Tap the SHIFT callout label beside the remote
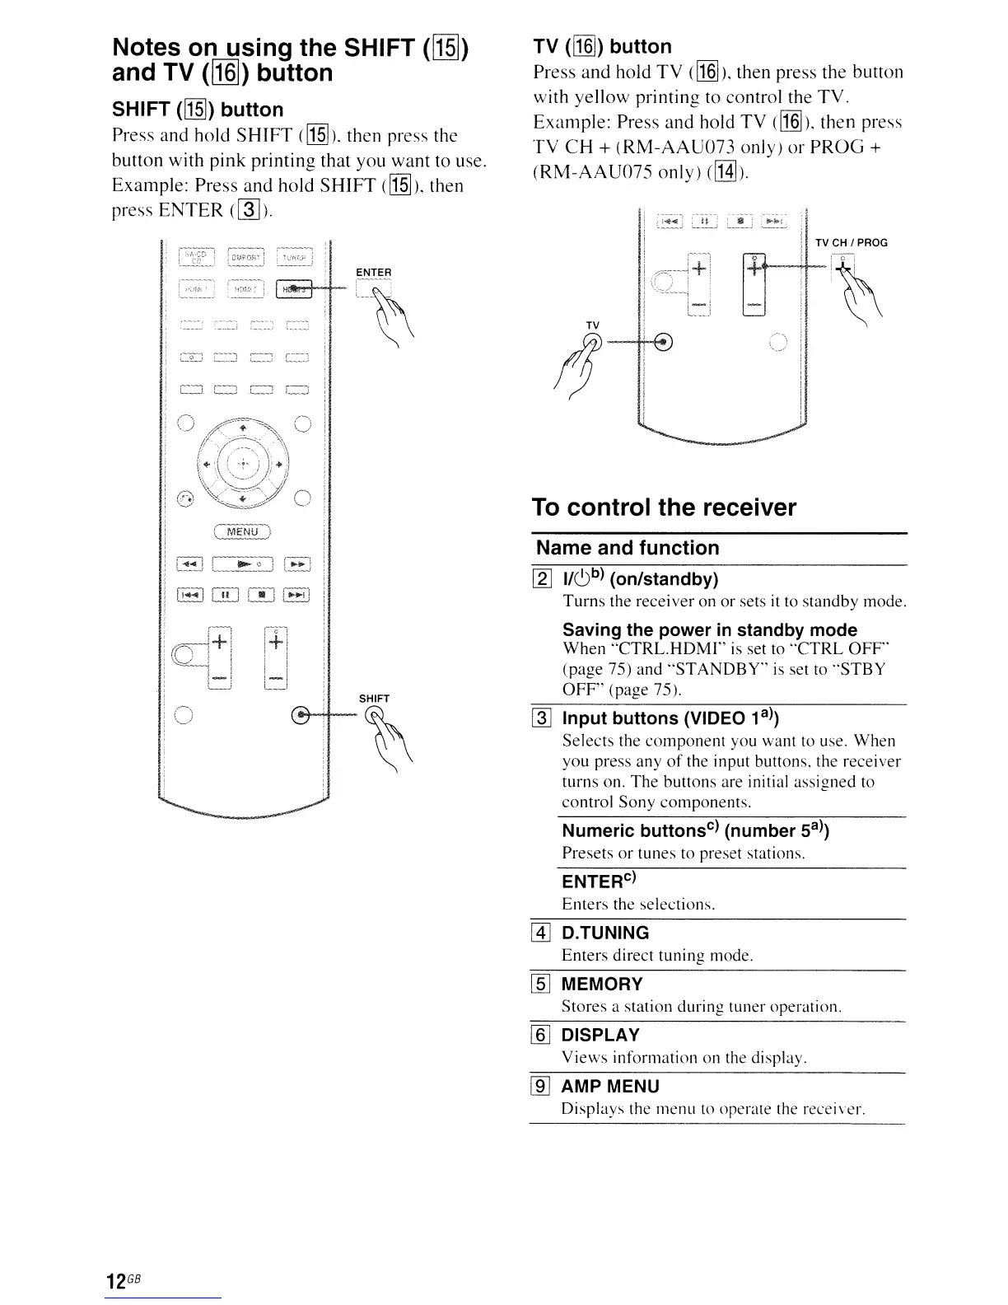(374, 699)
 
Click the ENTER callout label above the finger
(373, 272)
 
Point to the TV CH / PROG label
(851, 242)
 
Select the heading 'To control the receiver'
(664, 507)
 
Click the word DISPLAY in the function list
(600, 1036)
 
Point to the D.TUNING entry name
(605, 933)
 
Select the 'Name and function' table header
(628, 548)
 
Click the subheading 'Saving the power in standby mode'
(710, 630)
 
